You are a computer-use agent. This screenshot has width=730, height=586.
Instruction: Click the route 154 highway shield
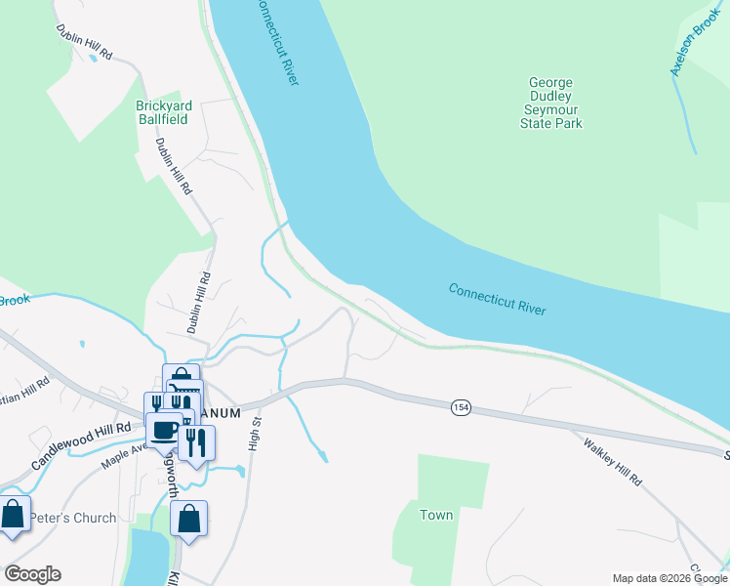click(461, 406)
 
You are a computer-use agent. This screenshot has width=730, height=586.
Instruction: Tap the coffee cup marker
click(164, 429)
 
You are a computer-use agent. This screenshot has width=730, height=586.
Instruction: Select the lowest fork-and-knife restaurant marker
click(196, 442)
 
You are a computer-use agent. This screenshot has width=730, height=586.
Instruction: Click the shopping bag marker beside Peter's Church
click(13, 514)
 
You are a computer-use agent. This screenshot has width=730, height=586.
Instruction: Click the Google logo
click(32, 574)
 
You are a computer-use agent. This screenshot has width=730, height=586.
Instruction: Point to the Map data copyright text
click(669, 578)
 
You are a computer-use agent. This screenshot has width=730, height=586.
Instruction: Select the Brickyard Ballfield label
click(163, 113)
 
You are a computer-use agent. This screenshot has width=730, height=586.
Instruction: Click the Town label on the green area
click(436, 515)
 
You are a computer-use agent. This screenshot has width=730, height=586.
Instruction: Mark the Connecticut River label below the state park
click(497, 298)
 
